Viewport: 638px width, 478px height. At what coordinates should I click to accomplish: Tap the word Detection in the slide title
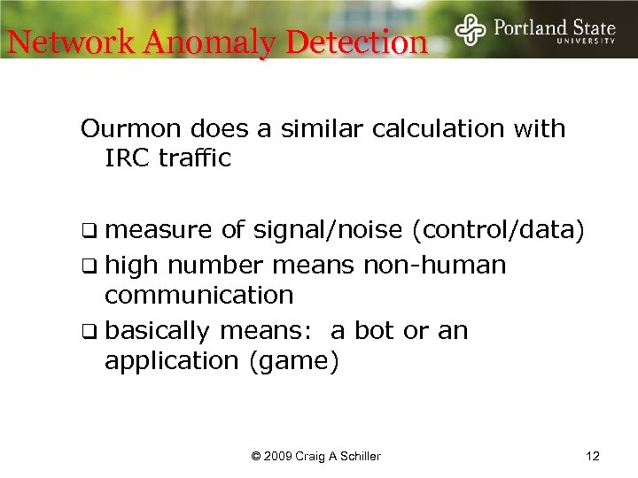pyautogui.click(x=357, y=42)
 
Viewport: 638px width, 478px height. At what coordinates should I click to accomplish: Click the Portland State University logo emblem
pyautogui.click(x=470, y=30)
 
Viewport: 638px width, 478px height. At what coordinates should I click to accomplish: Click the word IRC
pyautogui.click(x=125, y=159)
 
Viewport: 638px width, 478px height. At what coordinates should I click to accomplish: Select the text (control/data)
pyautogui.click(x=499, y=231)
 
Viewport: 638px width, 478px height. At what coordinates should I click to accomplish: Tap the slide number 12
pyautogui.click(x=593, y=456)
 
